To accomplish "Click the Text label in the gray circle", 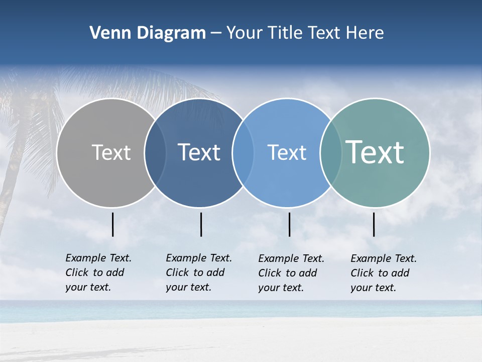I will [x=111, y=152].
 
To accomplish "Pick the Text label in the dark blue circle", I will [x=199, y=152].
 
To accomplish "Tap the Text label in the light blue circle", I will [x=287, y=152].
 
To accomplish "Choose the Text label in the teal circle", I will [x=375, y=152].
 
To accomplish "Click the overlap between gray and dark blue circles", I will [x=155, y=153].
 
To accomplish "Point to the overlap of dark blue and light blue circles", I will [x=243, y=153].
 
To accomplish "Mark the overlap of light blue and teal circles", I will [x=330, y=153].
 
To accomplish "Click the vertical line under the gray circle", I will [x=113, y=224].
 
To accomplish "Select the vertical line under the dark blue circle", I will [x=201, y=224].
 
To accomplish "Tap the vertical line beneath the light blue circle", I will [x=290, y=224].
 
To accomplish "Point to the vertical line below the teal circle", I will [x=374, y=224].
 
